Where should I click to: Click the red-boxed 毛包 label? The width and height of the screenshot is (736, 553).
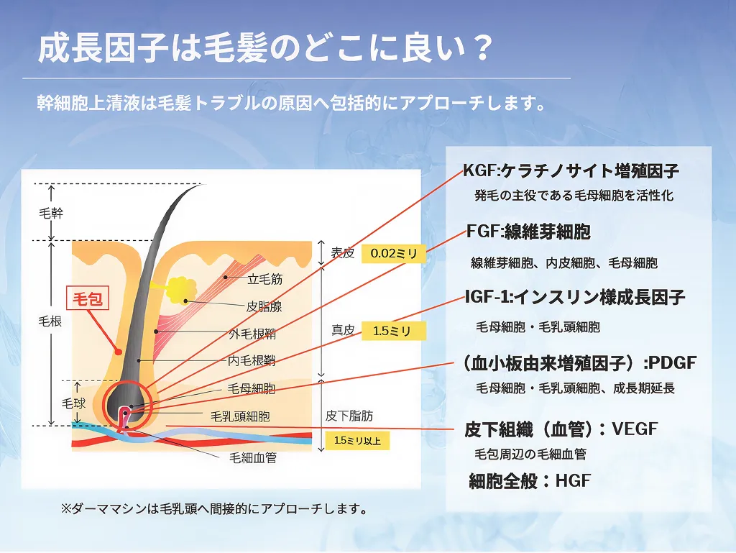(x=88, y=298)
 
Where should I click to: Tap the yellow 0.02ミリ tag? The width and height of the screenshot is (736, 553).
(x=393, y=254)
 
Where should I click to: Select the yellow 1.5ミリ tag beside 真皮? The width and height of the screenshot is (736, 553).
(x=393, y=331)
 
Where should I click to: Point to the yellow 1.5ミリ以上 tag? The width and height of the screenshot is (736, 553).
(x=357, y=441)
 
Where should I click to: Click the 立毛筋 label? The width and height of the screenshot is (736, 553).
(x=265, y=279)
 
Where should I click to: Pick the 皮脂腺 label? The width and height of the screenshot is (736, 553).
(x=264, y=306)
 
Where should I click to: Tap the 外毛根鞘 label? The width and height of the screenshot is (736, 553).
(x=252, y=334)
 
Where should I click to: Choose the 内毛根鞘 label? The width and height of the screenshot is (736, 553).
(x=252, y=360)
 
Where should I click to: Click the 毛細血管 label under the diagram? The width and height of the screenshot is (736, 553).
(x=253, y=457)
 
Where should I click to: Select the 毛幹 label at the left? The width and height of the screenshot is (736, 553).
(x=51, y=214)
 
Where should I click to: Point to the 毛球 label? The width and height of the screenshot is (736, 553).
(x=74, y=403)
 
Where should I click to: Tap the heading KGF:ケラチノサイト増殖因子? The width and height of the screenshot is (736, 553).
(x=571, y=171)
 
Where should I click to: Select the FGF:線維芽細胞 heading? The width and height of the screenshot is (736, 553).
(x=528, y=232)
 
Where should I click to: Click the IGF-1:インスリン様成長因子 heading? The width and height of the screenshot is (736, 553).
(x=575, y=297)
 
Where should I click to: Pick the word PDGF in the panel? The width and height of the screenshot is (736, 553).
(x=673, y=363)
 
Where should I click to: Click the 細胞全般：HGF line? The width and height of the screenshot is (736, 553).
(x=530, y=480)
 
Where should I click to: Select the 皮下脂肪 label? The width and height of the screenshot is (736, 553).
(x=349, y=416)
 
